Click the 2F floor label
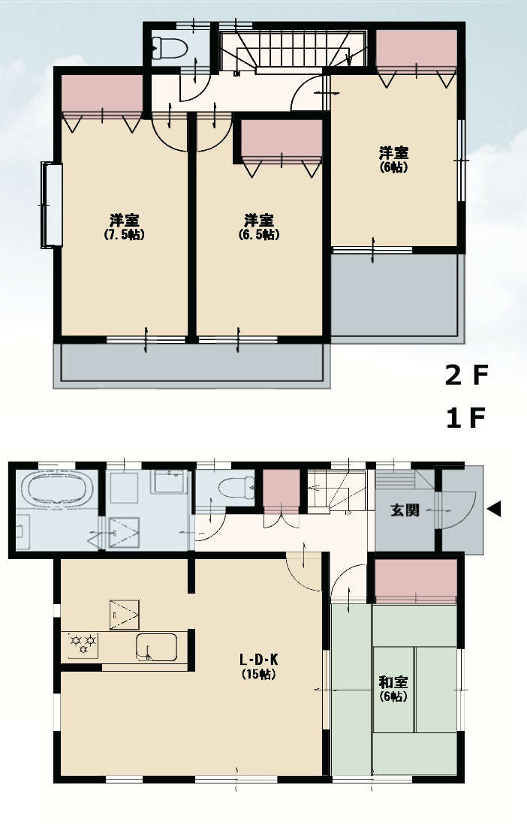[x=466, y=375]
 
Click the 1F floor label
[x=466, y=418]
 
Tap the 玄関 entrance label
[x=405, y=510]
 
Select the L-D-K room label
[x=259, y=659]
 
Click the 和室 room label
[x=393, y=682]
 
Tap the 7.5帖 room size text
[x=125, y=234]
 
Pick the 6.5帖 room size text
[x=259, y=234]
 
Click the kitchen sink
[x=156, y=647]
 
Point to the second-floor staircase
[x=293, y=51]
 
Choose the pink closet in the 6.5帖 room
[x=282, y=139]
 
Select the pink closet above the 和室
[x=415, y=579]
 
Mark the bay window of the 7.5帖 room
[x=52, y=205]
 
